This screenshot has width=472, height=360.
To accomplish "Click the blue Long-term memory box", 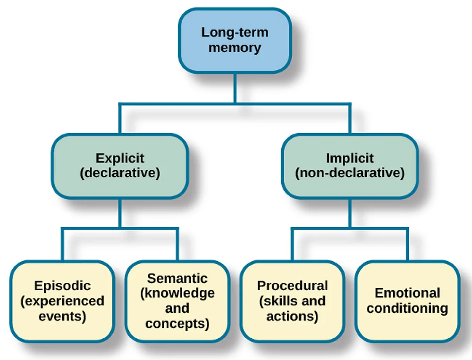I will [x=235, y=40].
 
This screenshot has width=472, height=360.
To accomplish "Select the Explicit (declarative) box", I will [x=119, y=165].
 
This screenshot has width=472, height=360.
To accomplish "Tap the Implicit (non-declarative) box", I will [x=350, y=165].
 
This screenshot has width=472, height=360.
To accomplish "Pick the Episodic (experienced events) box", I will [x=62, y=301].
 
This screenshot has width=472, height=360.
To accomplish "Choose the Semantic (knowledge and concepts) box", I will [x=177, y=301].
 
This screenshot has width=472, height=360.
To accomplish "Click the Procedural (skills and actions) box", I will [x=292, y=301].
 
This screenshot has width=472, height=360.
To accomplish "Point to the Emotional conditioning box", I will [x=407, y=301].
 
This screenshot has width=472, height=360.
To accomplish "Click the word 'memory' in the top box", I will [x=235, y=48].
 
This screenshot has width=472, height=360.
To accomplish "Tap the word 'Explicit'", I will [x=120, y=158].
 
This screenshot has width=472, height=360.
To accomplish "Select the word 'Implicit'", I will [x=350, y=158].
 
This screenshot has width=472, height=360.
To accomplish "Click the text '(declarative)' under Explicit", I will [x=120, y=173].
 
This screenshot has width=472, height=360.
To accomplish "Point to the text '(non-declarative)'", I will [x=350, y=173].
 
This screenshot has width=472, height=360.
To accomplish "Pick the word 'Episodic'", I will [x=62, y=286].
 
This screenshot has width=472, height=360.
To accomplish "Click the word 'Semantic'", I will [x=177, y=278].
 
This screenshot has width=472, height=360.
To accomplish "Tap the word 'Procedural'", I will [x=292, y=286].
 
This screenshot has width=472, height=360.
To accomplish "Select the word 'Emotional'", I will [x=407, y=293].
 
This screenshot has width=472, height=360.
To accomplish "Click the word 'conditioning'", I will [x=407, y=309].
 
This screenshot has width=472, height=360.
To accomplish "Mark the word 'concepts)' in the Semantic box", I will [x=177, y=324].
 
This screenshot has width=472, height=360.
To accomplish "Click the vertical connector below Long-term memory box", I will [x=235, y=87].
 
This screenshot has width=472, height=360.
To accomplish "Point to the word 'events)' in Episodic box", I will [x=62, y=316].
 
